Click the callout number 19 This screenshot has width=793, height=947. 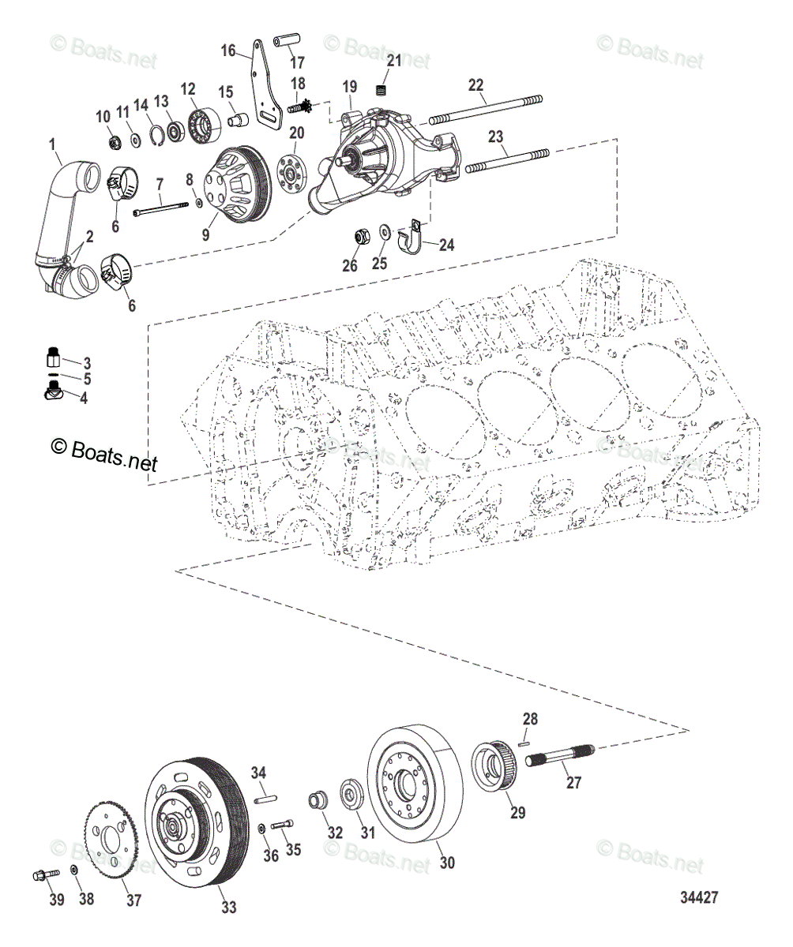[350, 85]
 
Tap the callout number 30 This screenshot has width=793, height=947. [447, 863]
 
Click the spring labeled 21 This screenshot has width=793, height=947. [383, 92]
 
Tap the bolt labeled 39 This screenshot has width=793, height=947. [47, 874]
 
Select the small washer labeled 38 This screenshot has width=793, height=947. [73, 870]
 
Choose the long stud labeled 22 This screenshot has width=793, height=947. [486, 109]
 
